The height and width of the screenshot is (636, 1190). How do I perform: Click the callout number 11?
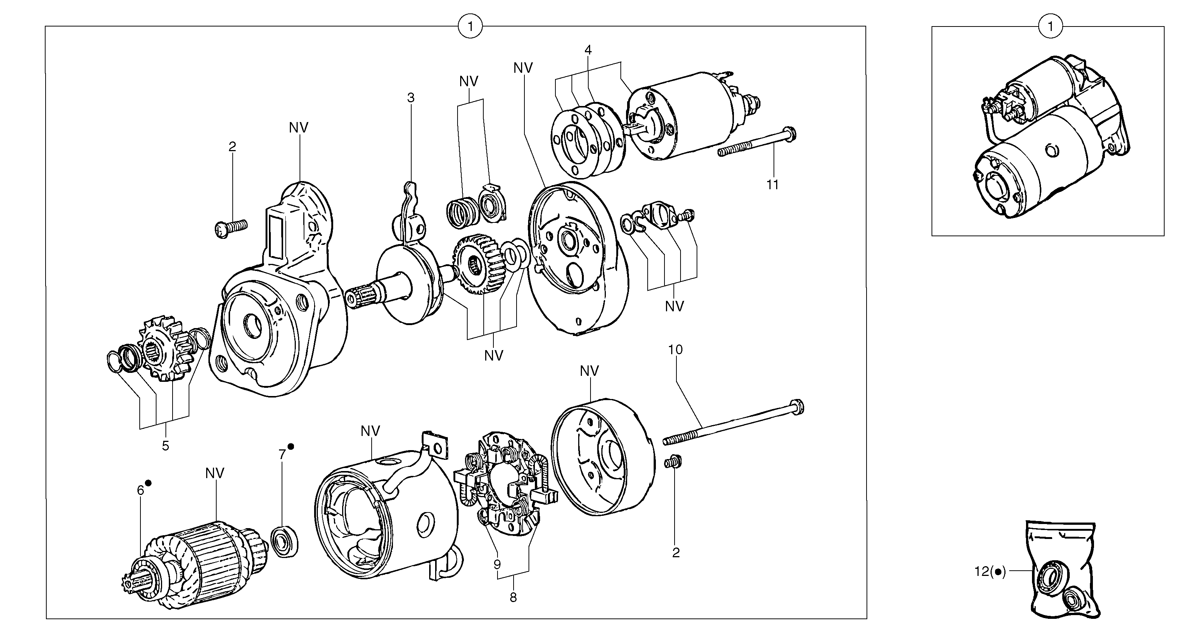click(772, 185)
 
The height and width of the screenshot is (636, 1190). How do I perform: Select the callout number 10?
click(675, 349)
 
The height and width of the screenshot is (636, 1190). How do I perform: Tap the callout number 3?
click(411, 98)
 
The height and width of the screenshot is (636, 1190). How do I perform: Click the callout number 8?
click(513, 597)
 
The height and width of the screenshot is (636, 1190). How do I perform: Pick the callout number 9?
click(497, 564)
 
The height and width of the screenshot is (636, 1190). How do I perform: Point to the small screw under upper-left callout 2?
click(231, 227)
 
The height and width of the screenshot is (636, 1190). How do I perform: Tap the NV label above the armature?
click(215, 473)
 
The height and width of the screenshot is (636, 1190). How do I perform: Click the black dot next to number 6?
click(148, 483)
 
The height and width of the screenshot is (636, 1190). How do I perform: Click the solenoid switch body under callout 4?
click(679, 118)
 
